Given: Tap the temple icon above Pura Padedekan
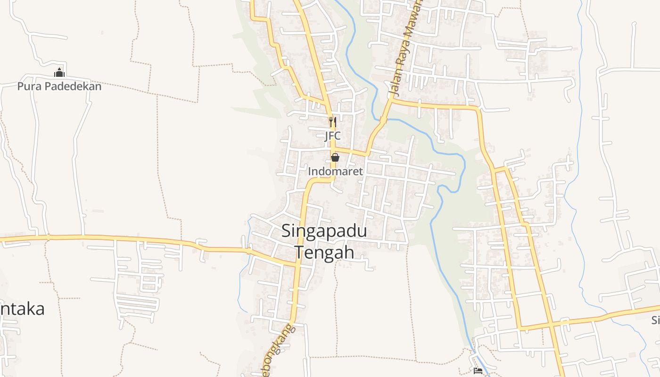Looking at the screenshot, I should pos(59,73).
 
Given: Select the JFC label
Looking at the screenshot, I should pos(332,136).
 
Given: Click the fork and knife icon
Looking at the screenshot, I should pos(332,122).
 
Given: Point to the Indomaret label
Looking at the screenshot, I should pos(335,172).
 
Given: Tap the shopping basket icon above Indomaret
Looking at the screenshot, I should pos(335,157).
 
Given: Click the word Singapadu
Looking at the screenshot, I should pos(324,231).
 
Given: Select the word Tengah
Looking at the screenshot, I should pos(324,252).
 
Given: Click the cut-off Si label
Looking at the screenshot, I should pos(655,320).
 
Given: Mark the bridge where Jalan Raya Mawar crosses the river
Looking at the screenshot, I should pos(383,120).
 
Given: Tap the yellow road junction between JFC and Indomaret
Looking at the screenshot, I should pos(333,149).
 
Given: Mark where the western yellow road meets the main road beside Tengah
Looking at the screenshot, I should pos(298,265).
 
